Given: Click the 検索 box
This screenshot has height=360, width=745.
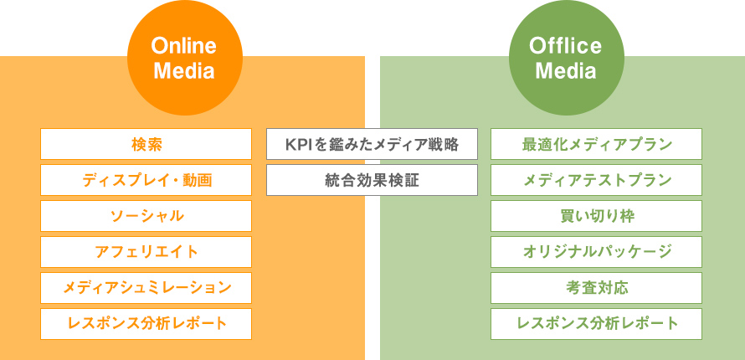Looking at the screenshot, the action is pos(146,144).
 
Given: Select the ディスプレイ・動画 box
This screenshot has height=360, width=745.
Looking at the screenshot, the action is pos(146,180).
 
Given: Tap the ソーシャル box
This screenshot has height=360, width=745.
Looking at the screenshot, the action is pos(146,216).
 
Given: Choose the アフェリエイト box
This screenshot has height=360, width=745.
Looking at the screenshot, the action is pos(146,252).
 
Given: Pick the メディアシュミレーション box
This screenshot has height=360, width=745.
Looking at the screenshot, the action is pos(146,288).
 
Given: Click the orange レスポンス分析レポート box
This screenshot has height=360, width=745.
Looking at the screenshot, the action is pos(146,324).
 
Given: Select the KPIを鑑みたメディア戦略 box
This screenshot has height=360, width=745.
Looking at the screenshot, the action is pos(372,144).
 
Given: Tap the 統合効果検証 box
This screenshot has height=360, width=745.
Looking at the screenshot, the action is pos(372,180).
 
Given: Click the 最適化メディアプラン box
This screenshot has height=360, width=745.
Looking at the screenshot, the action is pos(596,144).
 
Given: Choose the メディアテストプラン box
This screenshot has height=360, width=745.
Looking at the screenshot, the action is pos(596,180).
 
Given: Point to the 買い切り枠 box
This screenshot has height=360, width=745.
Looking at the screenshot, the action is pos(596,216).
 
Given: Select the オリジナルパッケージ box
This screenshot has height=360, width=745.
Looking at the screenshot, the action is pos(596,252).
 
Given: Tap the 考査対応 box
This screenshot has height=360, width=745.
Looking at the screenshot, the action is pos(596,288).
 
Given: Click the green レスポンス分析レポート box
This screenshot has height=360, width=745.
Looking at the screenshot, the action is pos(596,324).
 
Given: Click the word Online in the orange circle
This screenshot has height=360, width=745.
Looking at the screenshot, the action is pos(184,46).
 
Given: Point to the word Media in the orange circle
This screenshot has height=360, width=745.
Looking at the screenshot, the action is pos(184,71).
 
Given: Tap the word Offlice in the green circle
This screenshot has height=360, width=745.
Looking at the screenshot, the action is pos(565,46).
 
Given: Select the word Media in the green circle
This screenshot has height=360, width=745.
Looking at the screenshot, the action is pos(566,71).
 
